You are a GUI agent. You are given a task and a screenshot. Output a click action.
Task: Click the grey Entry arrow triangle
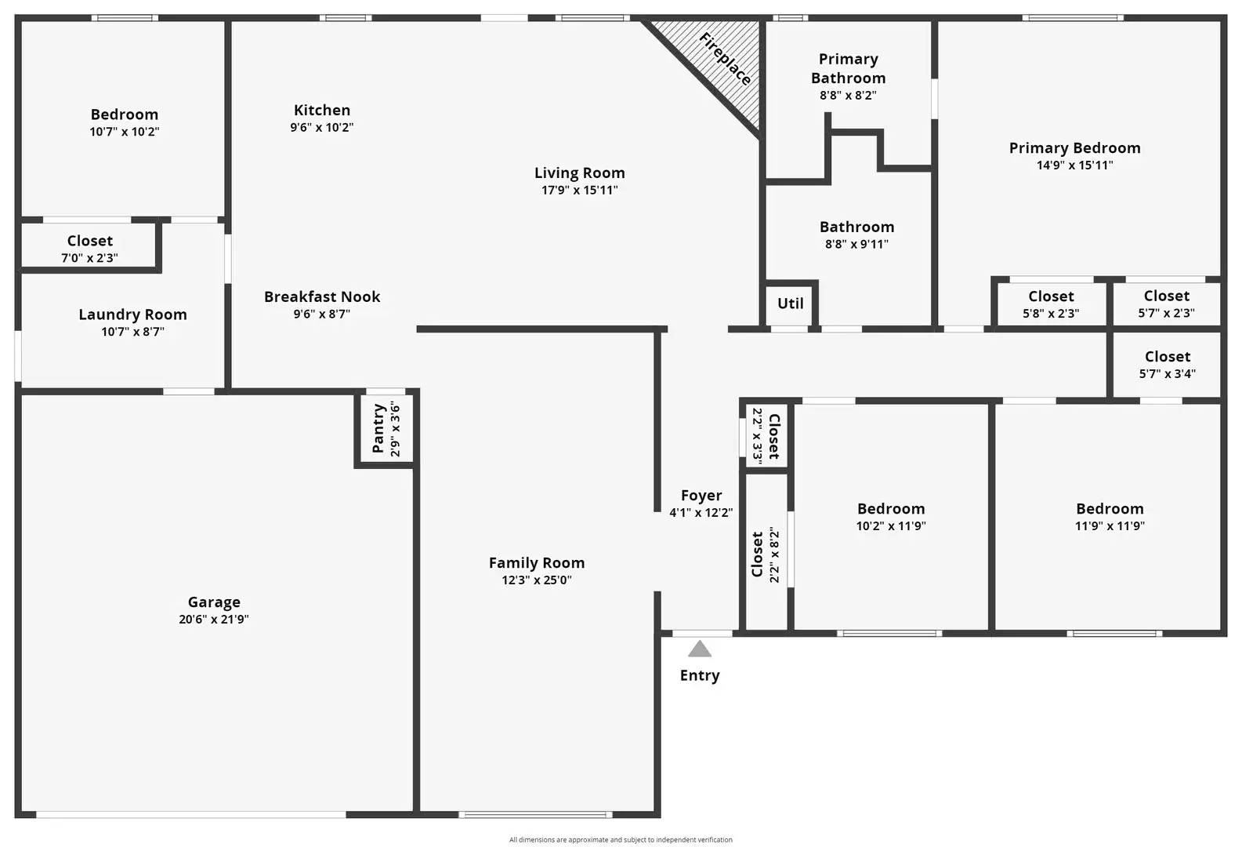click(700, 649)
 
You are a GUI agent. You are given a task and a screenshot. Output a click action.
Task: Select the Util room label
click(790, 304)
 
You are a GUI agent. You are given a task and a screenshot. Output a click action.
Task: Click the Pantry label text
click(378, 429)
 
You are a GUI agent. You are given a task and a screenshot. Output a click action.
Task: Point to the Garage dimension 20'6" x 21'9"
click(213, 620)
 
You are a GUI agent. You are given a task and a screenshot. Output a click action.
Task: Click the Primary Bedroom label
click(1074, 148)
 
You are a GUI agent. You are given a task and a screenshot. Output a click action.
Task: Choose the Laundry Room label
click(132, 314)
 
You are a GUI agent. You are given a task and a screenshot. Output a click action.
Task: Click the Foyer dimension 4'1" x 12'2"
click(701, 513)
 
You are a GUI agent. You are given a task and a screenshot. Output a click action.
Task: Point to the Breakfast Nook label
click(322, 297)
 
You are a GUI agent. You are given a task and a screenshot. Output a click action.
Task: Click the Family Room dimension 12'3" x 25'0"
click(537, 580)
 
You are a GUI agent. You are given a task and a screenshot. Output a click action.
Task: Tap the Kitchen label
click(322, 111)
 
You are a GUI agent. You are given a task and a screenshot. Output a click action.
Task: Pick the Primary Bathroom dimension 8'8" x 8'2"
click(848, 96)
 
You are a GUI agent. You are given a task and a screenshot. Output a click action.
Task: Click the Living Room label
click(580, 173)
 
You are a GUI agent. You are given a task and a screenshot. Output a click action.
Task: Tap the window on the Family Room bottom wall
click(536, 815)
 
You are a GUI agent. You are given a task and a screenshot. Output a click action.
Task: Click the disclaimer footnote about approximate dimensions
click(621, 840)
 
